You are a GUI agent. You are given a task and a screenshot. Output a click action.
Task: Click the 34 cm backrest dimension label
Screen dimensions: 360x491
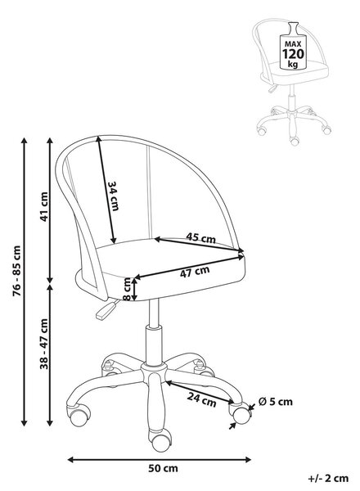pyautogui.click(x=113, y=196)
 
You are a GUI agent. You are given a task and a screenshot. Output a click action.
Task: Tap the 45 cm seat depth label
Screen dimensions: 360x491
pyautogui.click(x=201, y=238)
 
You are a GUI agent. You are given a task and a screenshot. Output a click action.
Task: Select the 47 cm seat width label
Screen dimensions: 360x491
pyautogui.click(x=195, y=272)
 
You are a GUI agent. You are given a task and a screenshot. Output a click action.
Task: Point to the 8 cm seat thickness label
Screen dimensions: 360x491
pyautogui.click(x=127, y=289)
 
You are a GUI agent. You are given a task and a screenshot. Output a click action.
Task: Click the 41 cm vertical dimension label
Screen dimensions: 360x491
pyautogui.click(x=44, y=207)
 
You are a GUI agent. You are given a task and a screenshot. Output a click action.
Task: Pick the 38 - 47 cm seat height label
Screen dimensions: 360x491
pyautogui.click(x=44, y=344)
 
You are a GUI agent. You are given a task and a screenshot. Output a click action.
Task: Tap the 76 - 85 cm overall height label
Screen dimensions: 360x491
pyautogui.click(x=16, y=271)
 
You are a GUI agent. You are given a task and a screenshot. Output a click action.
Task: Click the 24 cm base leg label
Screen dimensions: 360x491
pyautogui.click(x=202, y=399)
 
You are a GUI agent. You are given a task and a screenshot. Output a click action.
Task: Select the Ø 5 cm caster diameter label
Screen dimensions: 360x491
pyautogui.click(x=276, y=402)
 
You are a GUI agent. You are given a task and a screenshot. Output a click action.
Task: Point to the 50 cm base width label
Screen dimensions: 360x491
pyautogui.click(x=163, y=468)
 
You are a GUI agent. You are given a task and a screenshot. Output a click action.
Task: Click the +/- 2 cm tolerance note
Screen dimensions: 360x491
pyautogui.click(x=328, y=479)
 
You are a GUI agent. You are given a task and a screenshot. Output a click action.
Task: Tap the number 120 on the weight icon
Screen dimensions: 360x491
pyautogui.click(x=293, y=54)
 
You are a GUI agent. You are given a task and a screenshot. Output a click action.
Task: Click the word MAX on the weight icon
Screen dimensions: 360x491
pyautogui.click(x=293, y=44)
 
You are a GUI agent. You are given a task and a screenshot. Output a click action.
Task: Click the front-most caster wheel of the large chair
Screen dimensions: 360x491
pyautogui.click(x=161, y=442)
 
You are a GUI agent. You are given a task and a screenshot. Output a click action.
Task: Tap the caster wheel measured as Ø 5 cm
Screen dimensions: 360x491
pyautogui.click(x=241, y=414)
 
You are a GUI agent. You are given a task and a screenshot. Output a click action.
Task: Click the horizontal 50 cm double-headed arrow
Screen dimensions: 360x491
pyautogui.click(x=160, y=460)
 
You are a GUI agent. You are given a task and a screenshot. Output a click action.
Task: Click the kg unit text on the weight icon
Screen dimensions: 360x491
pyautogui.click(x=293, y=65)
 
